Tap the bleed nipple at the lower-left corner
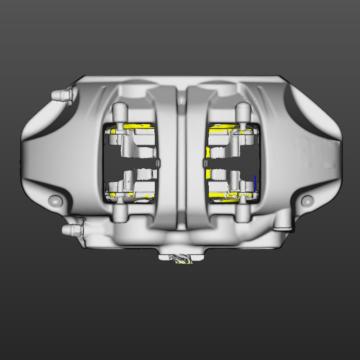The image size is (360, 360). [x=70, y=230]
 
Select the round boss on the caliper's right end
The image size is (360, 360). [x=308, y=201]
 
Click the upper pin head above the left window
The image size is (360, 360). [x=120, y=109]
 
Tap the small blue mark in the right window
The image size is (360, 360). [x=255, y=182]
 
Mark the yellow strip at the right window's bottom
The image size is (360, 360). [x=220, y=194]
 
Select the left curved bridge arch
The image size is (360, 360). [x=164, y=157]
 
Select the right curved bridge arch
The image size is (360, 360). [x=196, y=157]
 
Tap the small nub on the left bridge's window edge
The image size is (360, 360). [x=158, y=162]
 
